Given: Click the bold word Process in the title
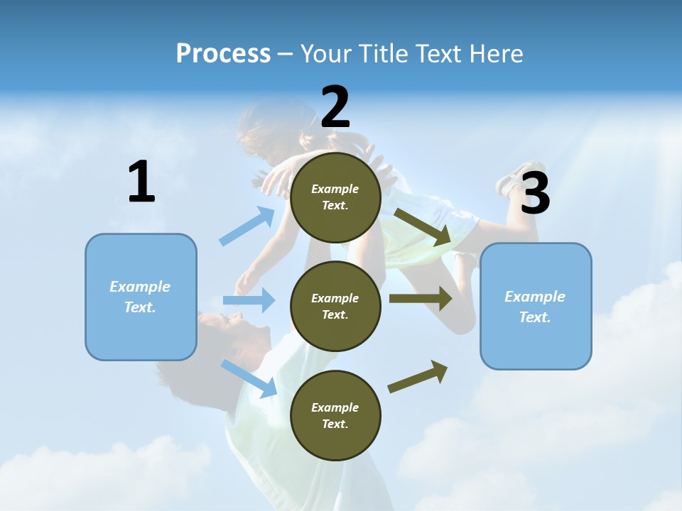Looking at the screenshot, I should pos(223,54).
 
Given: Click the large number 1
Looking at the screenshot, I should pos(141,182).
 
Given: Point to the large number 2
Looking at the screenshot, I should pos(335,107).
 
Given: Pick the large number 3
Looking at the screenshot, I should pos(535,194).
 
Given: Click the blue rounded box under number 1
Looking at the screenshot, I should pos(141,297).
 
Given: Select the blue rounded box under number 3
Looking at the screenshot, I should pos(536,306).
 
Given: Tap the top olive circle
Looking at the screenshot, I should pos(335,197).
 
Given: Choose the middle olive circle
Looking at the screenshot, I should pos(335,306).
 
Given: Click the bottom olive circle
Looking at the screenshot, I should pos(335,415).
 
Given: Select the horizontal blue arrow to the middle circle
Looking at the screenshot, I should pos(249,300).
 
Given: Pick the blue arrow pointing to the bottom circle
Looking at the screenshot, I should pos(249,378).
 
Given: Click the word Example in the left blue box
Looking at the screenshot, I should pos(140,287).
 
